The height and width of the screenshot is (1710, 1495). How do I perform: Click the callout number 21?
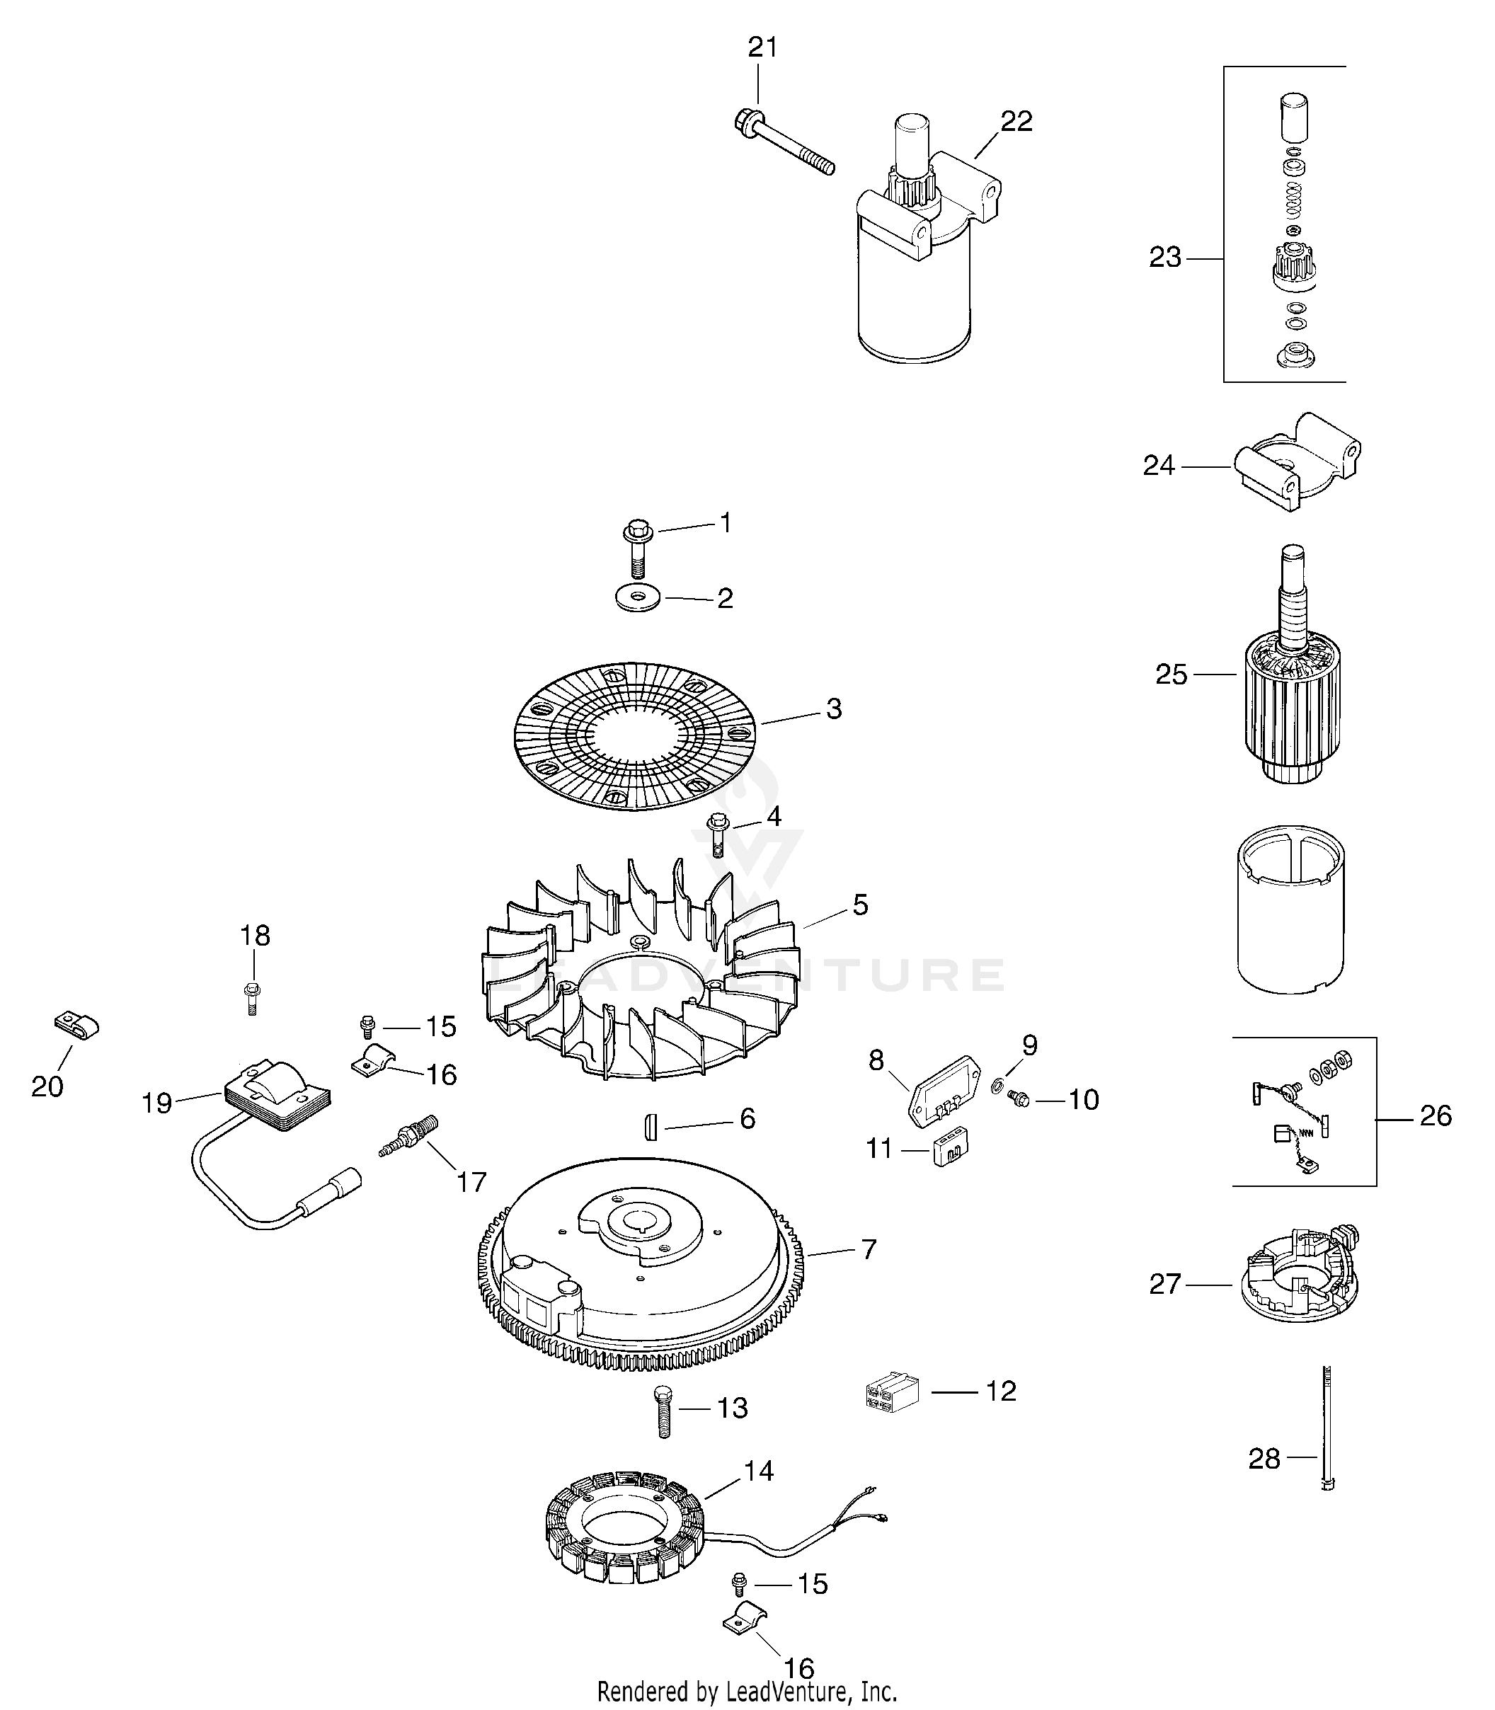tap(762, 47)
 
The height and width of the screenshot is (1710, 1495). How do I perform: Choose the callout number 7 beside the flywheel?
tap(869, 1272)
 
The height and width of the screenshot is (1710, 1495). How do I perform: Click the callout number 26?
tap(1436, 1115)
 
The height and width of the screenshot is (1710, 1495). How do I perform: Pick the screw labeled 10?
tap(1019, 1099)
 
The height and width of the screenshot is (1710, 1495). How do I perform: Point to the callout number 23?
tap(1165, 258)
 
